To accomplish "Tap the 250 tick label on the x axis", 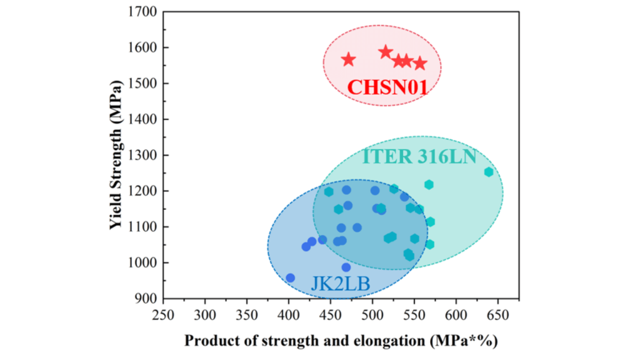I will (x=163, y=313).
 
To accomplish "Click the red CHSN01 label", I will (x=387, y=87).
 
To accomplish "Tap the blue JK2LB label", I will (x=341, y=285).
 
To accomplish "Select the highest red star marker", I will (x=386, y=52).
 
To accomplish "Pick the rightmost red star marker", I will (x=420, y=63).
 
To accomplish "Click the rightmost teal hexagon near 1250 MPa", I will (x=489, y=172).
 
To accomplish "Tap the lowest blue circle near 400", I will (x=290, y=277).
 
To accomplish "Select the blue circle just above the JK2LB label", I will (x=346, y=267).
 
